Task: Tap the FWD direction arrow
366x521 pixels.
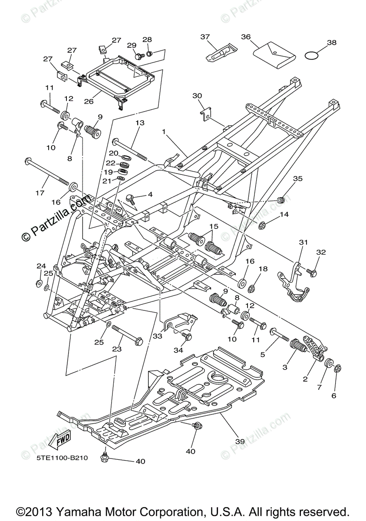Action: click(x=59, y=439)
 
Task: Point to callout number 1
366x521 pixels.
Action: click(x=164, y=131)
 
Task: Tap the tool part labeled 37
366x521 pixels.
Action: click(x=220, y=52)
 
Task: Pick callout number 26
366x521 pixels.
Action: click(x=89, y=102)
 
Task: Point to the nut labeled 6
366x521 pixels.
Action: click(x=338, y=369)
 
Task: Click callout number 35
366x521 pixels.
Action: click(x=297, y=178)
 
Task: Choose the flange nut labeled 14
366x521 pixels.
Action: click(x=262, y=225)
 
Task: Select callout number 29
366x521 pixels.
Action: click(x=131, y=46)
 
